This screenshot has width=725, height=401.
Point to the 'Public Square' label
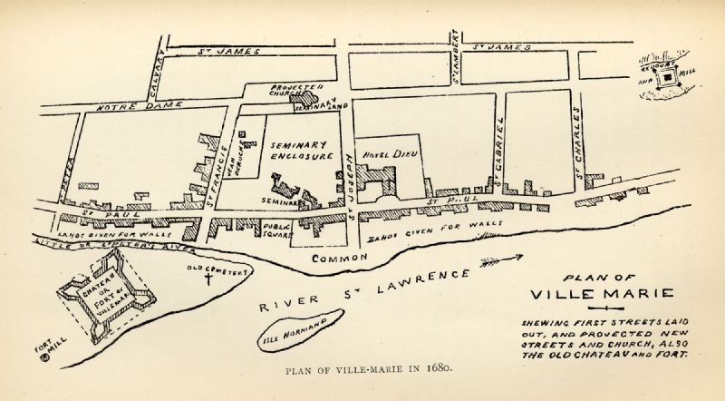pos(276,230)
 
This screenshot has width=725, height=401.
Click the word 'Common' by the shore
pos(338,259)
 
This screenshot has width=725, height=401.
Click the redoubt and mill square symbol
pos(668,79)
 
